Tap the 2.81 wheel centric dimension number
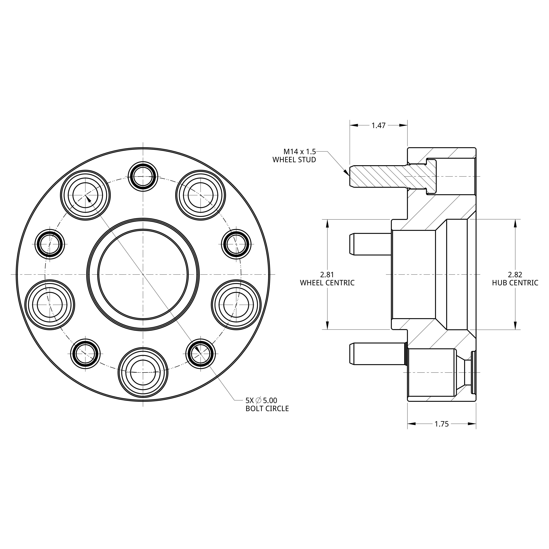coord(327,275)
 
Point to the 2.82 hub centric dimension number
coord(515,275)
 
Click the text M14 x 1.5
coord(300,151)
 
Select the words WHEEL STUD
coord(294,160)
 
